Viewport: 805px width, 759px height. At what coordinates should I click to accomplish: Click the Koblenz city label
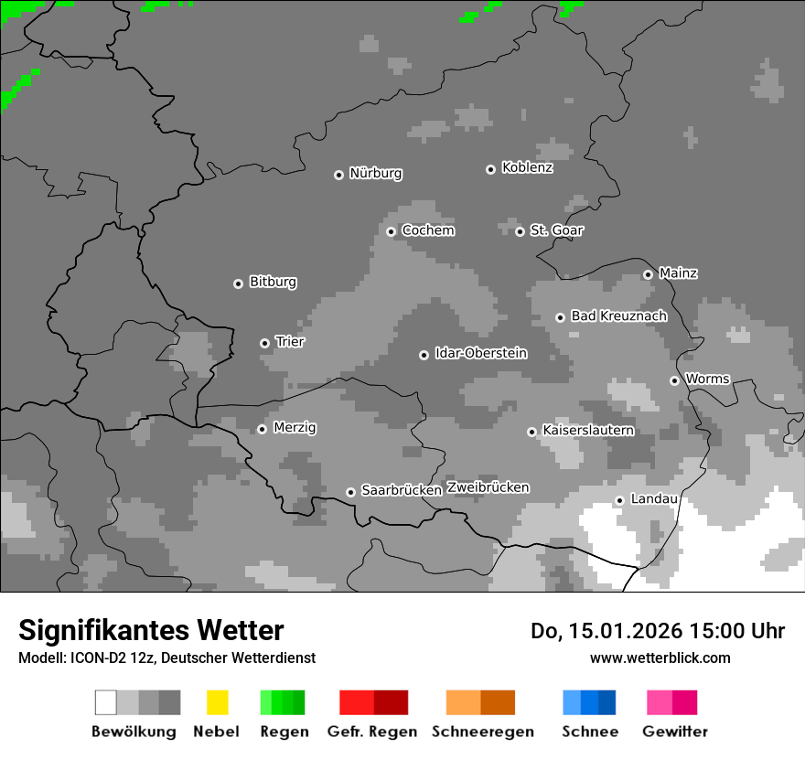pos(527,168)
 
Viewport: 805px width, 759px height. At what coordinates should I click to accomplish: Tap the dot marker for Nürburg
pos(338,175)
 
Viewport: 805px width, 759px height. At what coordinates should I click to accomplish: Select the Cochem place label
pos(427,230)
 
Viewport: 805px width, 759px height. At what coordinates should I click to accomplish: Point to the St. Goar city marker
pos(520,231)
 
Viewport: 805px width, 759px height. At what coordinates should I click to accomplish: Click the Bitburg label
pos(273,283)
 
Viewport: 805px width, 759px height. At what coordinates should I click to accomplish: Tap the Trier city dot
pos(264,343)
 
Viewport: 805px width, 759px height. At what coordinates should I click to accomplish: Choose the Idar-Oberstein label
pos(480,354)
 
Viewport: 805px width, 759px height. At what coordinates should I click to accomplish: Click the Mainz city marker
pos(648,274)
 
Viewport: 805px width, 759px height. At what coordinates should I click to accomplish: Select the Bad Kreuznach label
pos(618,316)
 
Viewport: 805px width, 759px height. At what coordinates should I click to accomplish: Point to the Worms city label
pos(707,379)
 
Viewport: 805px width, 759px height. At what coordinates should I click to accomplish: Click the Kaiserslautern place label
pos(587,431)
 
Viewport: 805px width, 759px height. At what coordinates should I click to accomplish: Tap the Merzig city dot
pos(262,429)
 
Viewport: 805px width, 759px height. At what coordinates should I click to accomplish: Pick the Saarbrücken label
pos(401,491)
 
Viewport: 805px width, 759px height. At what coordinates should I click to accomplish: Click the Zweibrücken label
pos(488,488)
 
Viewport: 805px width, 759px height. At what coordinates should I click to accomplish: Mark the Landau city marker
pos(619,500)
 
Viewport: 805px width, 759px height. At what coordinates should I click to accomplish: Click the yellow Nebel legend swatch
pos(217,702)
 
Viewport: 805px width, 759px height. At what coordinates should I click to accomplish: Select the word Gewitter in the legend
pos(674,732)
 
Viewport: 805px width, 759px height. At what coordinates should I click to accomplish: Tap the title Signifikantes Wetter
pos(151,631)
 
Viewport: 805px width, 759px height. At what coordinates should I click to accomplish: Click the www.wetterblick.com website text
pos(660,658)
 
